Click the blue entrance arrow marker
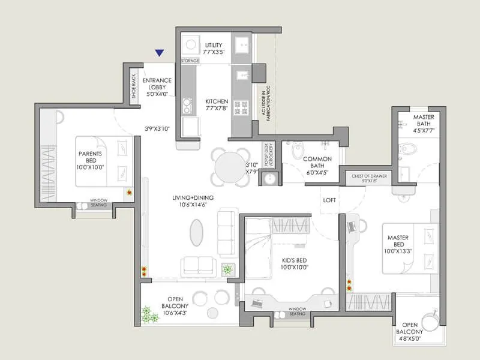tap(159, 53)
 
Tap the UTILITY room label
tap(214, 45)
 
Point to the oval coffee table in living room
tap(196, 231)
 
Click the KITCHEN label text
tap(217, 101)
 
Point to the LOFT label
tap(329, 200)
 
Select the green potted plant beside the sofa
tap(228, 269)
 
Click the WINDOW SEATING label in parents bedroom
tap(98, 203)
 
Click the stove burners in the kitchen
tap(241, 107)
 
